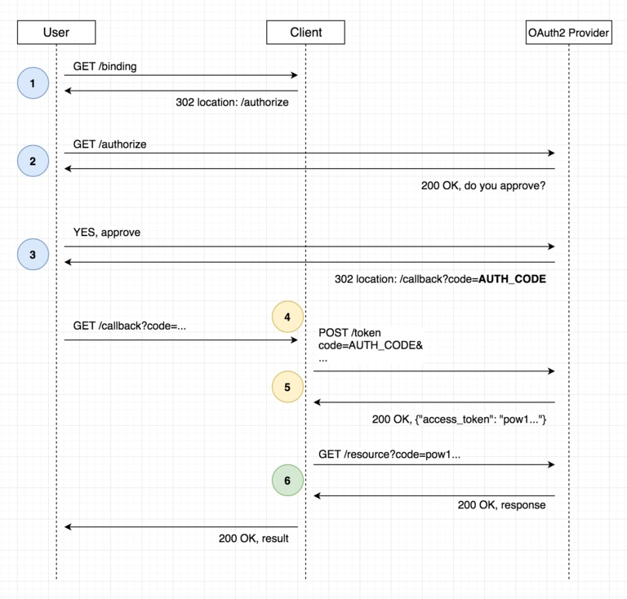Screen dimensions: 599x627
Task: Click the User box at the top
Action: point(56,33)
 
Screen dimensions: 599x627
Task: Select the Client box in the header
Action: point(305,33)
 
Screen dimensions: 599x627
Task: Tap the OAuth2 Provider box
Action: point(568,33)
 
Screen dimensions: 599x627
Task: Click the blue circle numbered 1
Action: point(33,83)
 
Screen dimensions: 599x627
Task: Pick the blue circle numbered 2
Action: point(33,161)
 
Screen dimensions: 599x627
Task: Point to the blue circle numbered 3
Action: point(33,255)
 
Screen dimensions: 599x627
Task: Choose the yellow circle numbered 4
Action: point(287,317)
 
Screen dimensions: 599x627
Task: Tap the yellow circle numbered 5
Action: point(287,387)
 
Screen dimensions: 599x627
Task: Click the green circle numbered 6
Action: point(287,481)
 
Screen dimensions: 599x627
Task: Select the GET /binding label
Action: point(104,67)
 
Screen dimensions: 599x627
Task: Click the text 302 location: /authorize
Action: point(232,103)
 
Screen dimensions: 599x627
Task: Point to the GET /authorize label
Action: point(109,144)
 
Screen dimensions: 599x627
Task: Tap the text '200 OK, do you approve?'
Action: point(483,186)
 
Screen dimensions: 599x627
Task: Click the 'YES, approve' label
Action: point(106,233)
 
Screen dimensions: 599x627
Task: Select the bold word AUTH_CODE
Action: point(512,279)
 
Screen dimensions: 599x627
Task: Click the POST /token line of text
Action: point(349,332)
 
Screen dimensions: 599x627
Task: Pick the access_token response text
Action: point(459,419)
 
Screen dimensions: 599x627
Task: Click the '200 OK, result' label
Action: point(253,539)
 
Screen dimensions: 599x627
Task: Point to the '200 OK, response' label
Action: point(501,505)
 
